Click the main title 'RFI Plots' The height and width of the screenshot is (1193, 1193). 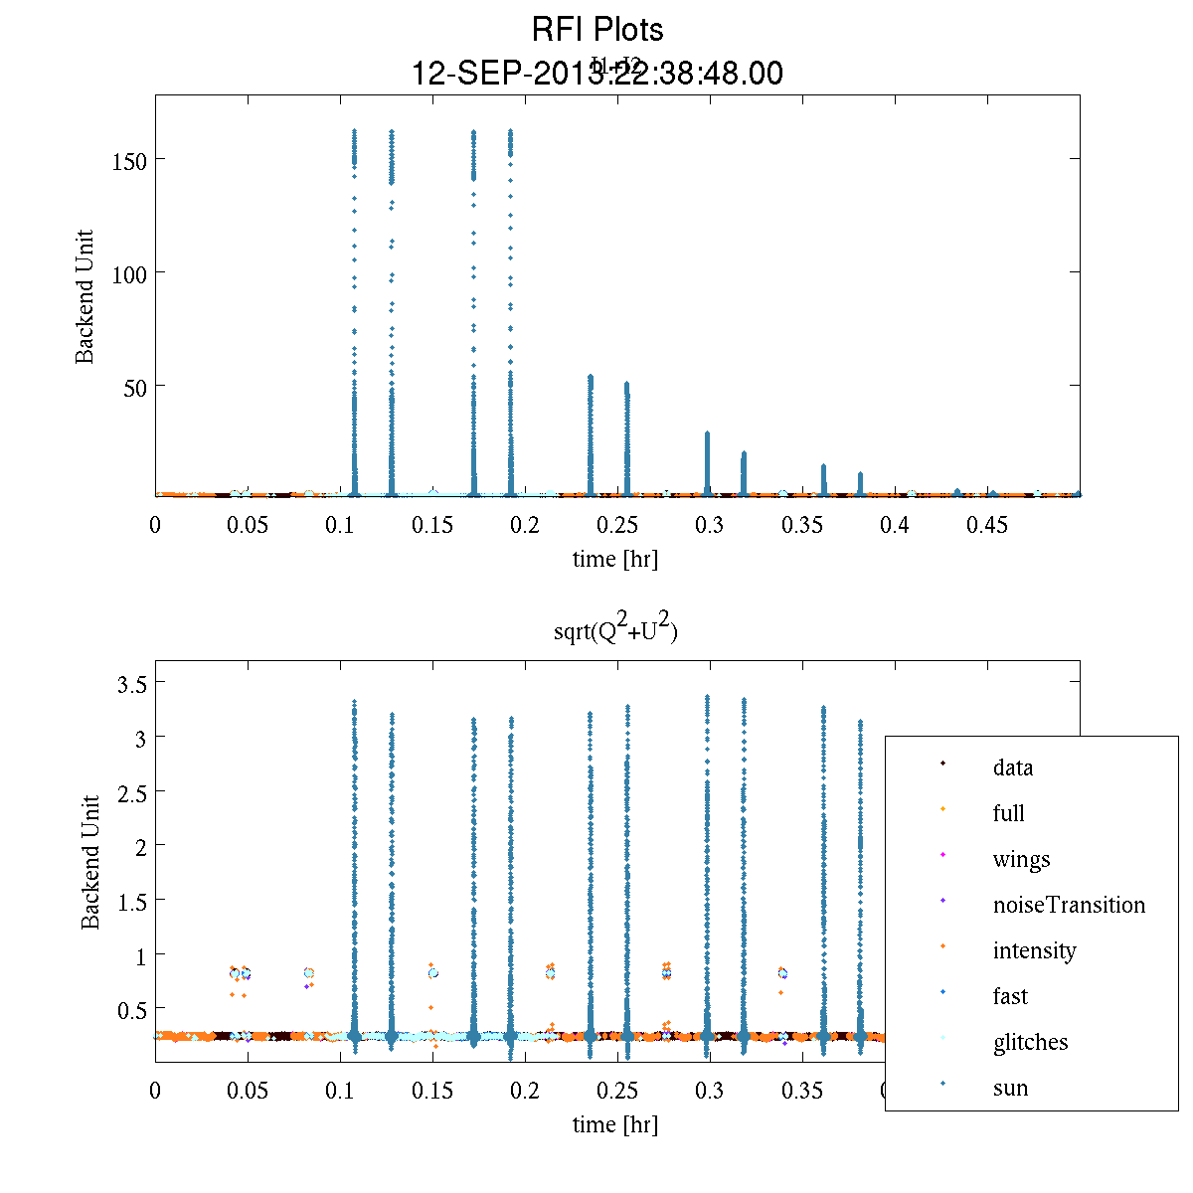[596, 30]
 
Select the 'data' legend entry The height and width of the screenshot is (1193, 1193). [1012, 767]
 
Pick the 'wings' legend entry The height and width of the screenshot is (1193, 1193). [1021, 859]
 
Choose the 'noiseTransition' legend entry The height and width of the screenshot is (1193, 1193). [1069, 905]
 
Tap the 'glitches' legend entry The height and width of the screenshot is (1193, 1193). [1030, 1042]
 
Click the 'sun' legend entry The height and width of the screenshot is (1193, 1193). [1010, 1088]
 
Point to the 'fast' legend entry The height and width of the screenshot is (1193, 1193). [1010, 996]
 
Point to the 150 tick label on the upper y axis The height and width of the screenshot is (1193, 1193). [130, 160]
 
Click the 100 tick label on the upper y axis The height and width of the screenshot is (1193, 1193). [130, 273]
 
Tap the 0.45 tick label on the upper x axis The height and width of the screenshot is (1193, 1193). [987, 525]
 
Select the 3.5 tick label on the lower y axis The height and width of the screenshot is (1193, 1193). [127, 684]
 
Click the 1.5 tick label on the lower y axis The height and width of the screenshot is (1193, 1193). [127, 901]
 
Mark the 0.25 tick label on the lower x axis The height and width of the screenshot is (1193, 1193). [616, 1091]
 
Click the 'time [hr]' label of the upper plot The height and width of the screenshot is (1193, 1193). [614, 559]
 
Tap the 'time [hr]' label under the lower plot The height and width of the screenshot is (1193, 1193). [614, 1124]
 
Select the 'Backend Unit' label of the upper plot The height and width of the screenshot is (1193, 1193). [85, 296]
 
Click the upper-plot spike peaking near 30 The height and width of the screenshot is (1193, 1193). [707, 462]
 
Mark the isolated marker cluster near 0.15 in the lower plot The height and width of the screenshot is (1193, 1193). [432, 973]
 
